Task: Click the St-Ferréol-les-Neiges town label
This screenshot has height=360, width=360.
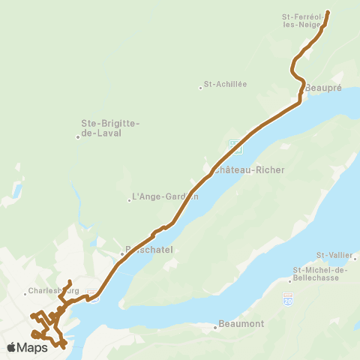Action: tap(301, 20)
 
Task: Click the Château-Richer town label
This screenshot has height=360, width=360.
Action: tap(249, 170)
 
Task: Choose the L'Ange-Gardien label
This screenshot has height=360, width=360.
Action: tap(165, 198)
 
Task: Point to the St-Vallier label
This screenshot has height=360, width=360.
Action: tap(333, 255)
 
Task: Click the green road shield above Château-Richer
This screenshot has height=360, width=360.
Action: tap(235, 145)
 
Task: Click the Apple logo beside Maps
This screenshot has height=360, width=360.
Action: tap(12, 347)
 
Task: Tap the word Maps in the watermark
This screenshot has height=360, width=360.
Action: tap(33, 347)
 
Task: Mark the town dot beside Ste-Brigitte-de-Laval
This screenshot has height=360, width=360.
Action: tap(77, 136)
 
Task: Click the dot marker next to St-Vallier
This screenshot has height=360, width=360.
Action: tap(355, 259)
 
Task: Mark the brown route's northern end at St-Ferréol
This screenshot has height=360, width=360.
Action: tap(328, 12)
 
